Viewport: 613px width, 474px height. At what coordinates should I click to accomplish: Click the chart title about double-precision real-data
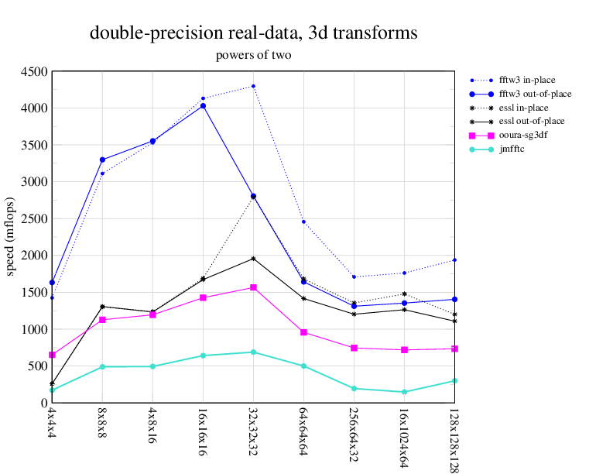[x=254, y=33]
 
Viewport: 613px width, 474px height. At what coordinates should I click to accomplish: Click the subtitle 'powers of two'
[x=253, y=55]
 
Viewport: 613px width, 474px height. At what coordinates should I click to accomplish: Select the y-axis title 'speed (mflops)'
[x=12, y=237]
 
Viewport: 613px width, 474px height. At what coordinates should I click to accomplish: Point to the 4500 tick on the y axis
[x=33, y=71]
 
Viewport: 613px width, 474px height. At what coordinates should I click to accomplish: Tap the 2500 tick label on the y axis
[x=33, y=218]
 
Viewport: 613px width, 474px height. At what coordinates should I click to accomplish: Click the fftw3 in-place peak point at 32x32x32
[x=253, y=86]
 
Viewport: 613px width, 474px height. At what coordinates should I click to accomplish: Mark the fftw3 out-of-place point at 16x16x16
[x=203, y=105]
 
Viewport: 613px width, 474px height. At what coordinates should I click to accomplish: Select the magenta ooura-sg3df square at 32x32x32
[x=253, y=287]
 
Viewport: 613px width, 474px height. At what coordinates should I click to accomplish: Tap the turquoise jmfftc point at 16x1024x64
[x=404, y=392]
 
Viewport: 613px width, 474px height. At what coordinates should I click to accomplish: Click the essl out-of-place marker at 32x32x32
[x=253, y=259]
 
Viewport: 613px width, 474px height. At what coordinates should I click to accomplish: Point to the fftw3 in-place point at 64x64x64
[x=303, y=222]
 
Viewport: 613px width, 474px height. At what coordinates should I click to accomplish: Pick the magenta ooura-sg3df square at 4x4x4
[x=52, y=355]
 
